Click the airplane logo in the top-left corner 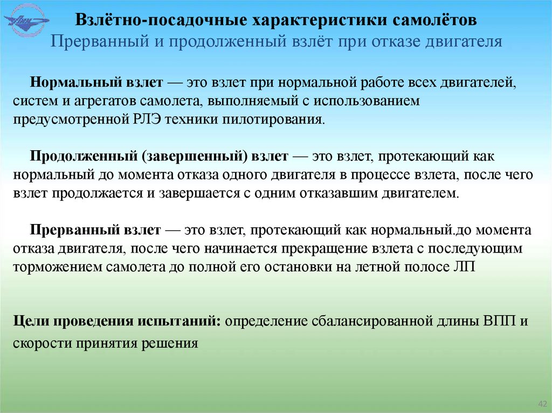(26, 21)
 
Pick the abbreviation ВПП (500, 321)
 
